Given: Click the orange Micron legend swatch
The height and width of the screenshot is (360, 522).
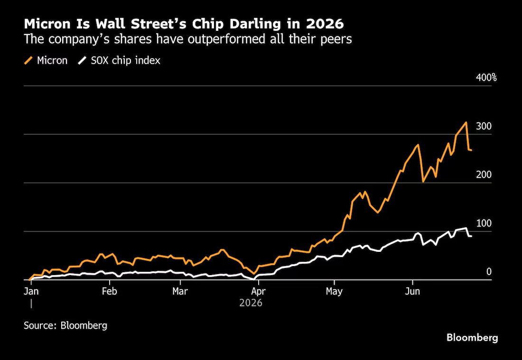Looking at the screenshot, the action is pyautogui.click(x=28, y=61).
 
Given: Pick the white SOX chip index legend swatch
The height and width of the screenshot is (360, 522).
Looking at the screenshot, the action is pyautogui.click(x=82, y=61).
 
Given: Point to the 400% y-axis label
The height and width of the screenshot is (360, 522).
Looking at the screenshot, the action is pyautogui.click(x=486, y=78).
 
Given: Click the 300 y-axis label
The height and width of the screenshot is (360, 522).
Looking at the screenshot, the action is pyautogui.click(x=484, y=127).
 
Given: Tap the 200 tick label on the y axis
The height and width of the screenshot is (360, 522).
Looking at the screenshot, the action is pyautogui.click(x=484, y=175).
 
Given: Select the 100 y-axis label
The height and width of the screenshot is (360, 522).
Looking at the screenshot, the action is pyautogui.click(x=484, y=223).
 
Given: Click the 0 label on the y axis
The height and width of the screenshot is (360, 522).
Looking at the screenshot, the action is pyautogui.click(x=489, y=272).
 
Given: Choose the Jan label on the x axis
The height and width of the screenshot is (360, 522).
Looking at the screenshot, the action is pyautogui.click(x=31, y=291).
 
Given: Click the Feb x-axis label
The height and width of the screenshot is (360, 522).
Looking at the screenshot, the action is pyautogui.click(x=110, y=291).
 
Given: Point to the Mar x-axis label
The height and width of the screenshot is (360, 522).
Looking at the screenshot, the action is pyautogui.click(x=180, y=291).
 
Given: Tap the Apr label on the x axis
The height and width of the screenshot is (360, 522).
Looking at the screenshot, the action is pyautogui.click(x=258, y=292).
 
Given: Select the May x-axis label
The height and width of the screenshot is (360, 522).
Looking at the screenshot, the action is pyautogui.click(x=334, y=292).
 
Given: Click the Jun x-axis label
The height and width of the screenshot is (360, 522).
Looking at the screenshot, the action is pyautogui.click(x=412, y=291).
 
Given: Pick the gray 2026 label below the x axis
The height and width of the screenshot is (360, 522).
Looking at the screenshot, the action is pyautogui.click(x=251, y=303).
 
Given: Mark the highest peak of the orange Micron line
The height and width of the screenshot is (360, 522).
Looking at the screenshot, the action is pyautogui.click(x=466, y=122).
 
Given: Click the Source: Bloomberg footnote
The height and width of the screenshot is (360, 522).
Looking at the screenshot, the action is pyautogui.click(x=65, y=325).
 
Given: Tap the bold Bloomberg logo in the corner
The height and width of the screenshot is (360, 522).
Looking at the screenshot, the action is pyautogui.click(x=472, y=338).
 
